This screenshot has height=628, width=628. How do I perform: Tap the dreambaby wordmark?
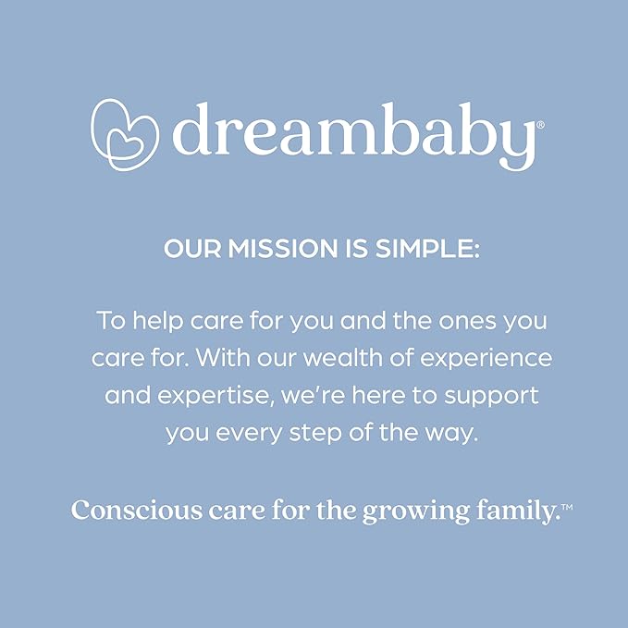point(354,136)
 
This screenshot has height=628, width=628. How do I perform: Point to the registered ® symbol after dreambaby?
point(540,125)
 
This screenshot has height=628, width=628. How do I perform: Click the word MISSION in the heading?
point(283,248)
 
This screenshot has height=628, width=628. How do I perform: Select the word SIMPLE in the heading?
point(427,248)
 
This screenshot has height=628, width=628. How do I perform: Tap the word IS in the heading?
point(356,248)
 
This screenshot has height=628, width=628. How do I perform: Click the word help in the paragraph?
point(158,321)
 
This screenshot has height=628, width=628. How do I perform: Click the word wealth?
point(343,357)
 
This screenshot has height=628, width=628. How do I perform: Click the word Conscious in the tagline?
point(137,511)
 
